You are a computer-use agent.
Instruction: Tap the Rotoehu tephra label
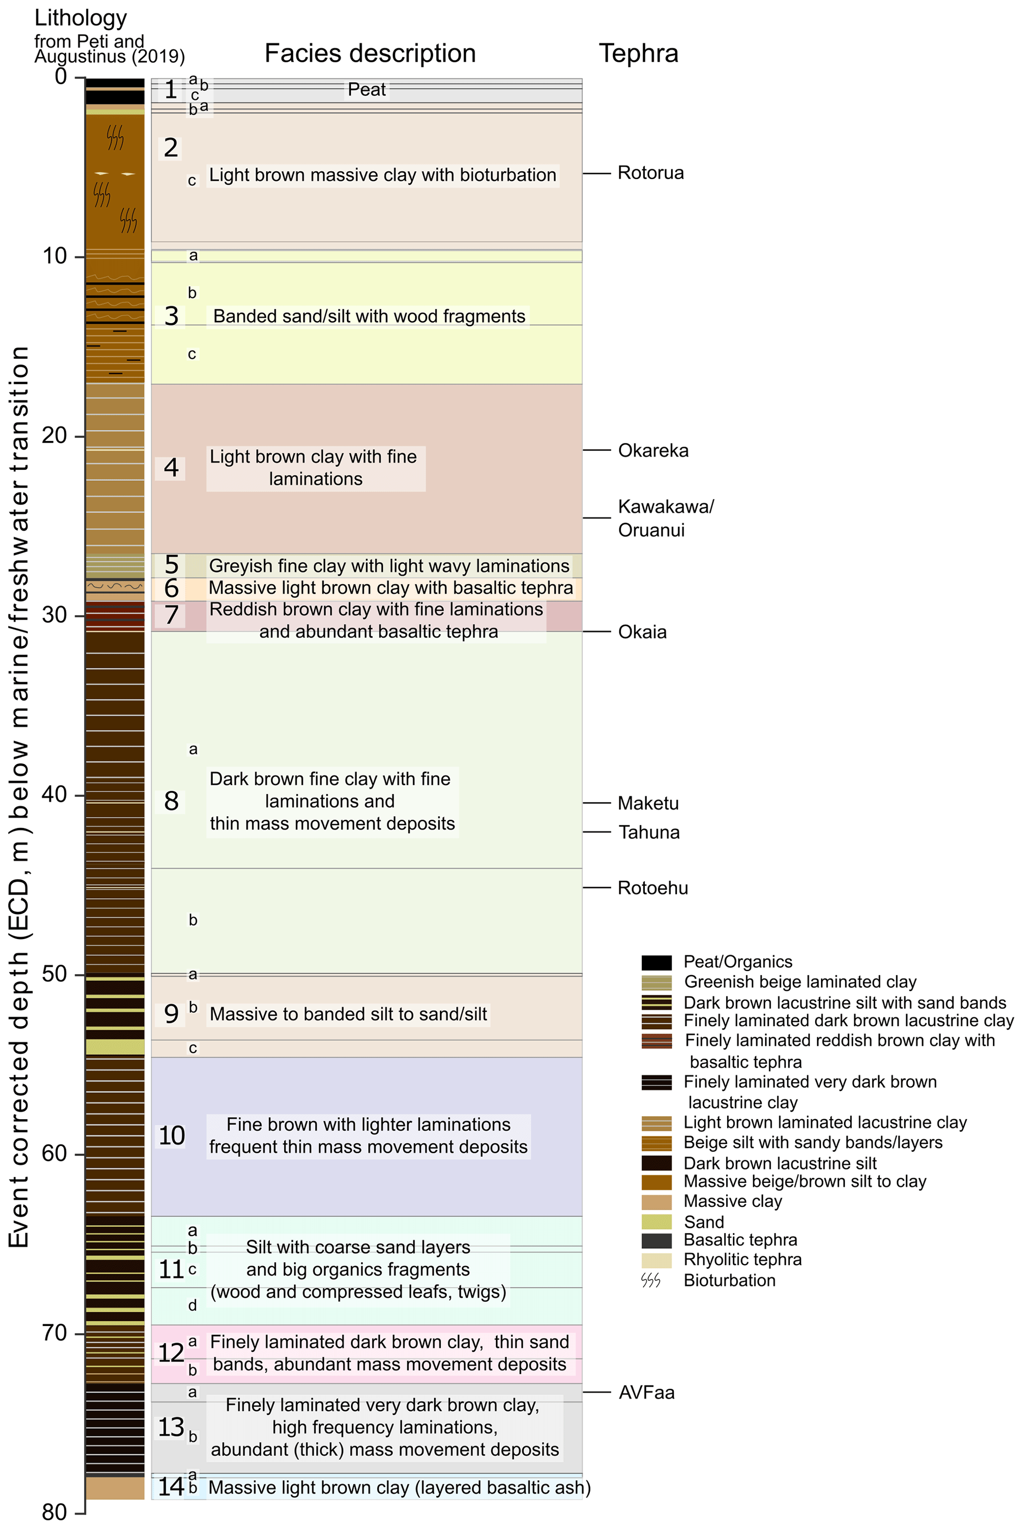click(652, 888)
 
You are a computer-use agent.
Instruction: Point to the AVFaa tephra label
click(646, 1393)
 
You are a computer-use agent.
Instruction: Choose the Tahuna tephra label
click(648, 833)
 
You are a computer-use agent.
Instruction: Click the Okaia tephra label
click(642, 632)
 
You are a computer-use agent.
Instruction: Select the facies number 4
click(171, 468)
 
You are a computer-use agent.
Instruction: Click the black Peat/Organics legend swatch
click(656, 962)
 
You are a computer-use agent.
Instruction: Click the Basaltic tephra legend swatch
click(656, 1241)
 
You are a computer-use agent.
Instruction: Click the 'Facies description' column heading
click(370, 53)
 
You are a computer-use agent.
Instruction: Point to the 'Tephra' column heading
click(639, 53)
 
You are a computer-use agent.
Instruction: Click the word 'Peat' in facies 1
click(367, 90)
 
